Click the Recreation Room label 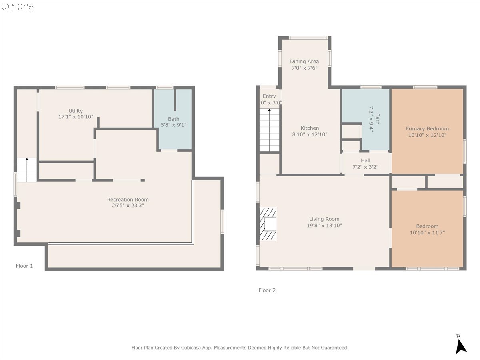[x=128, y=200]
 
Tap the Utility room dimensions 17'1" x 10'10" [x=76, y=117]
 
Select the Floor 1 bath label [x=174, y=119]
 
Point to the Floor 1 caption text [x=24, y=266]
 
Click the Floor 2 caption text [x=267, y=290]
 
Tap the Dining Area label [x=304, y=62]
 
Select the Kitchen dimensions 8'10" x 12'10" [x=310, y=135]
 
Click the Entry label [x=269, y=96]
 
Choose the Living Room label [x=324, y=219]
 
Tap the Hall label [x=365, y=161]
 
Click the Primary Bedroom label [x=427, y=129]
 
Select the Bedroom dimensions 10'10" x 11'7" [x=427, y=232]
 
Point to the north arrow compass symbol [x=461, y=345]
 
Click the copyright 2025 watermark [x=18, y=7]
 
